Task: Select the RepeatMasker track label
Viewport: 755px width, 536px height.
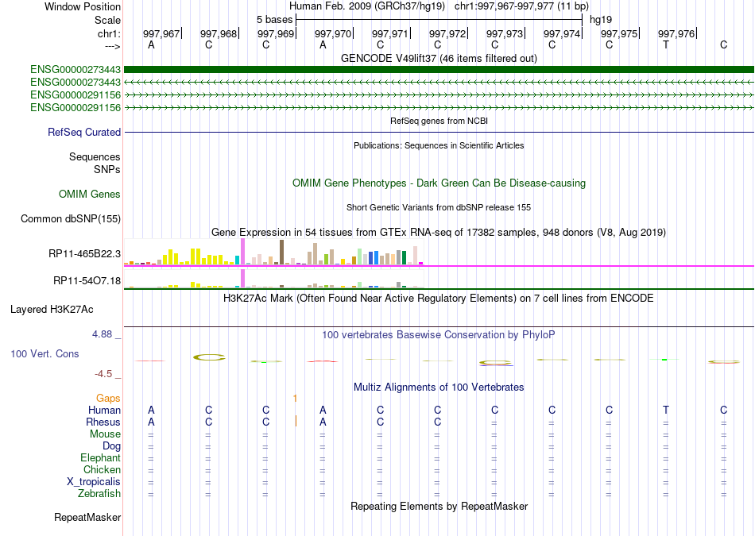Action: click(87, 518)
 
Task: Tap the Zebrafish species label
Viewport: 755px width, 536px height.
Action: click(99, 494)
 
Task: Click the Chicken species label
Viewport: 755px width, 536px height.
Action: click(102, 470)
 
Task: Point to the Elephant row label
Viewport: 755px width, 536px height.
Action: click(100, 458)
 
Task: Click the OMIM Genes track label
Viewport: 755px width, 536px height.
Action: click(90, 195)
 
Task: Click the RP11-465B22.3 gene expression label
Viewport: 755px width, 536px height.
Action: click(84, 254)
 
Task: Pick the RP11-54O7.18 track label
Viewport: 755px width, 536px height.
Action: click(87, 281)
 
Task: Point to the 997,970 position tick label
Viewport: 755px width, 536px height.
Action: click(332, 33)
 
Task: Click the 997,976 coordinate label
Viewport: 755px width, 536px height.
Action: click(676, 33)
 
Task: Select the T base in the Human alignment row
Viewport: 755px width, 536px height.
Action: click(666, 410)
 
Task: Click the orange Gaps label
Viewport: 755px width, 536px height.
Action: click(108, 398)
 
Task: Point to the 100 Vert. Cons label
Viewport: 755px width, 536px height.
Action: click(45, 353)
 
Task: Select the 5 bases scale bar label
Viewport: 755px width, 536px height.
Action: click(274, 18)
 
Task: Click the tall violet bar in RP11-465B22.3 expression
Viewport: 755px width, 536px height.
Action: click(242, 251)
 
